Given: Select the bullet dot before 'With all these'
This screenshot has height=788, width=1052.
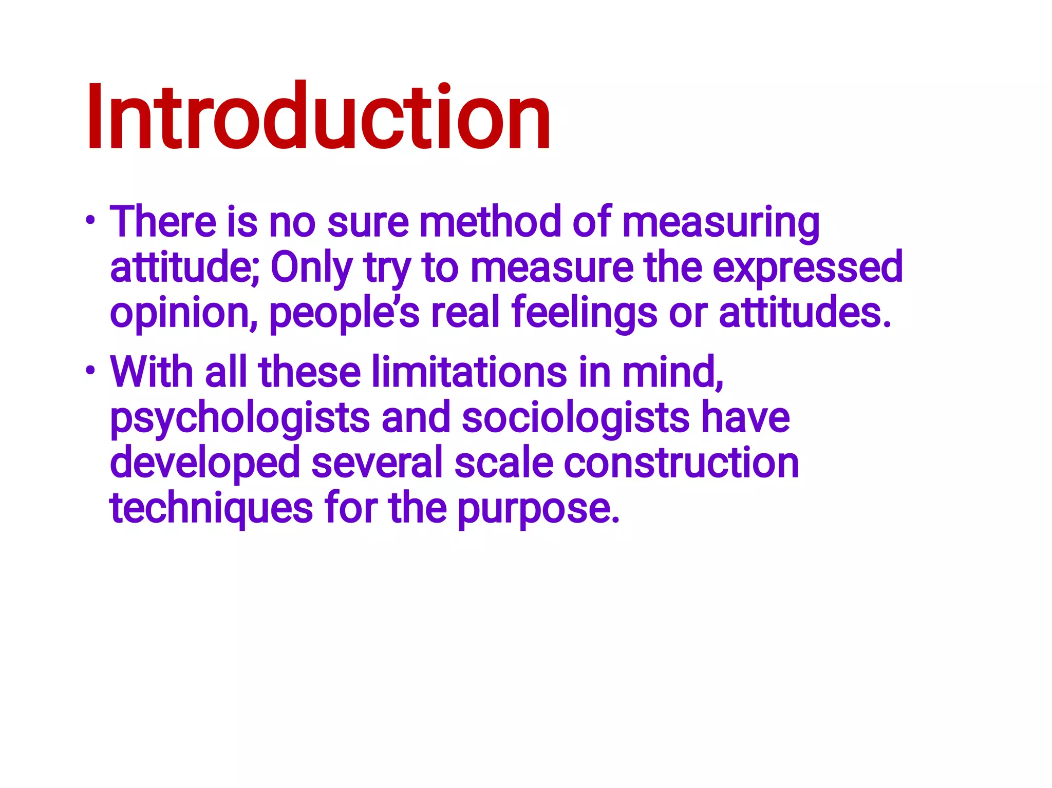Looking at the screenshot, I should pyautogui.click(x=90, y=371).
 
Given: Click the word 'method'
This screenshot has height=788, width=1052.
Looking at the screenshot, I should pyautogui.click(x=490, y=222).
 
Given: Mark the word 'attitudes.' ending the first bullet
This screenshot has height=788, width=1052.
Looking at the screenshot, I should pyautogui.click(x=804, y=312).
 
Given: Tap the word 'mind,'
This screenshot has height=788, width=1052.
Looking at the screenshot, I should pyautogui.click(x=672, y=372).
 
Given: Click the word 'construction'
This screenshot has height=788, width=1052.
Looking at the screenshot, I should pyautogui.click(x=681, y=463).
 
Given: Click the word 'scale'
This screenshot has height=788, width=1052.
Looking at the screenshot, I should pyautogui.click(x=503, y=463).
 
